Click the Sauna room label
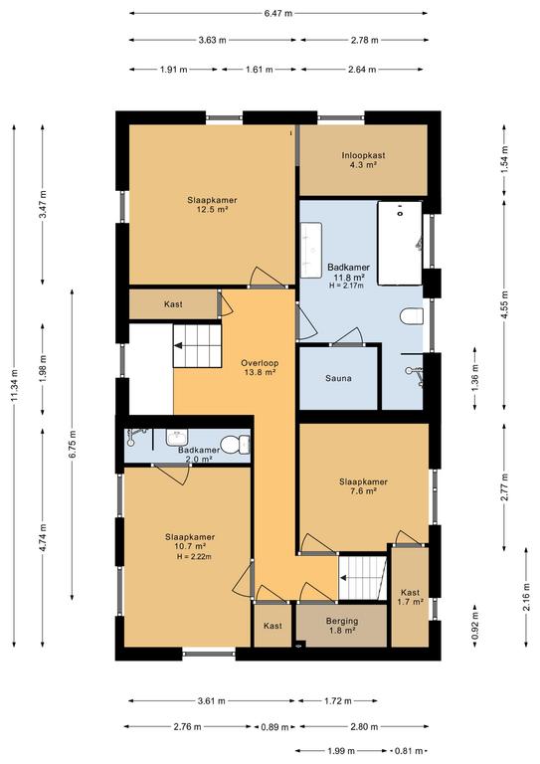(338, 378)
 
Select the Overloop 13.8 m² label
(260, 367)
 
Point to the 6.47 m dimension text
(278, 13)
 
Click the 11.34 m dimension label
(14, 386)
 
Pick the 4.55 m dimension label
(504, 304)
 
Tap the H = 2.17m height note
(346, 286)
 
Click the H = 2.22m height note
(194, 556)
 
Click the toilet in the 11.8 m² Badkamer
(412, 316)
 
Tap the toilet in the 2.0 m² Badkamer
(236, 445)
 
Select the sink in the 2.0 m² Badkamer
(176, 438)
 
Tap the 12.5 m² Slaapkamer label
(212, 205)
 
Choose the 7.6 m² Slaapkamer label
(363, 486)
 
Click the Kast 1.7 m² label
(410, 597)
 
